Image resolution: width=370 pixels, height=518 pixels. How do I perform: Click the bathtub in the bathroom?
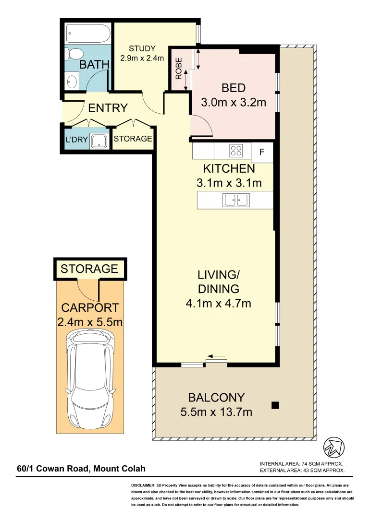(88, 34)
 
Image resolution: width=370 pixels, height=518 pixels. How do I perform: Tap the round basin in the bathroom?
(72, 82)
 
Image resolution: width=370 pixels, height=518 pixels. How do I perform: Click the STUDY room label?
(142, 48)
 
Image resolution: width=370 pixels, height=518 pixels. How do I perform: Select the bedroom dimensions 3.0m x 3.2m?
(233, 102)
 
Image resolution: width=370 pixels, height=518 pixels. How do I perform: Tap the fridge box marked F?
(262, 152)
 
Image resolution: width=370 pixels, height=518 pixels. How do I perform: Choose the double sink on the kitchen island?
(235, 200)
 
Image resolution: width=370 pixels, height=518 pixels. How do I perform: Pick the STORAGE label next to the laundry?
(133, 139)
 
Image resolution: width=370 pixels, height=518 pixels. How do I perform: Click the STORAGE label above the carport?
(89, 269)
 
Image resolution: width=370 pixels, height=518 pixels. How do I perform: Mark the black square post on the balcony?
(275, 405)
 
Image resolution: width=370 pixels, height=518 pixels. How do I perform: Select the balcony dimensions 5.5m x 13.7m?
(216, 412)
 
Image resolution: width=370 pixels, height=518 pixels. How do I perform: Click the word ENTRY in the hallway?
(108, 108)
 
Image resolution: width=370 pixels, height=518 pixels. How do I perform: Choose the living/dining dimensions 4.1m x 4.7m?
(219, 303)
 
